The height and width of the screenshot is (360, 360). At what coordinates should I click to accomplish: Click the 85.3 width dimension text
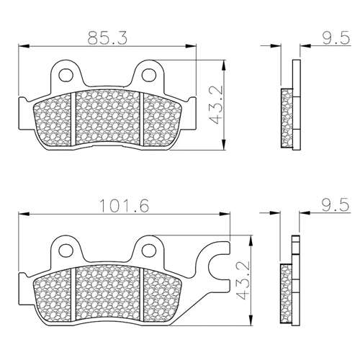pos(107,38)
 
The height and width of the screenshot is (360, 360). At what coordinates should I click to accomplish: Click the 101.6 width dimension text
pos(124,206)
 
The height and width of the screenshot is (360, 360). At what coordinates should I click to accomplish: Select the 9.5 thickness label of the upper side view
pos(336,38)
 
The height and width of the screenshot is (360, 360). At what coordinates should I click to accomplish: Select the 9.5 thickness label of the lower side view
pos(336,205)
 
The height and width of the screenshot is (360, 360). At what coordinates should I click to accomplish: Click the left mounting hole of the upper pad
pos(66,75)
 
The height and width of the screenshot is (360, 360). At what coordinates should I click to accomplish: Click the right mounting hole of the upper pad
pos(149,75)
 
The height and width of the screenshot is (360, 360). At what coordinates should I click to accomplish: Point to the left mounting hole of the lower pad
pos(66,251)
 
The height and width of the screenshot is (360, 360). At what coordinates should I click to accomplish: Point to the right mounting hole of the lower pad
pos(149,251)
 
